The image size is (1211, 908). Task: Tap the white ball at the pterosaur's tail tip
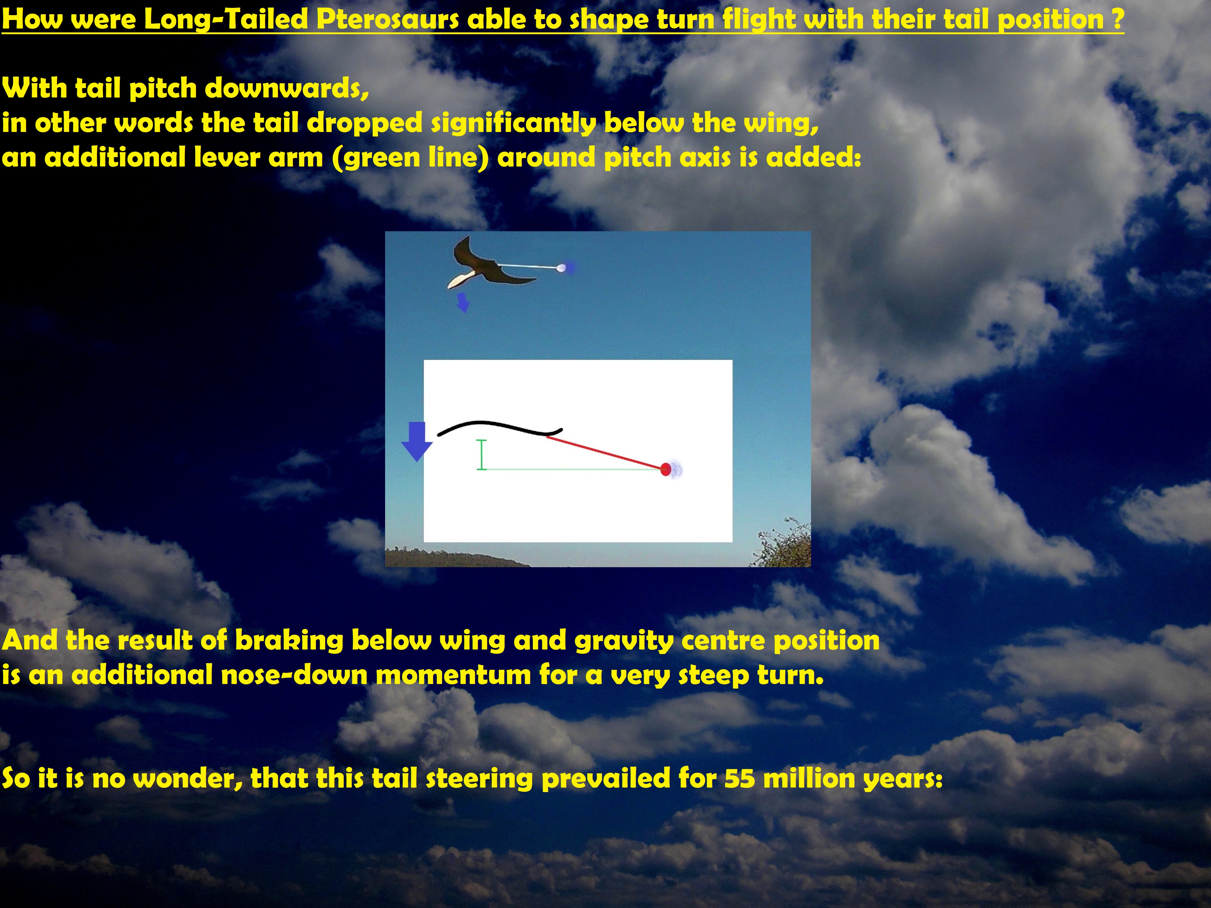click(x=561, y=268)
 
